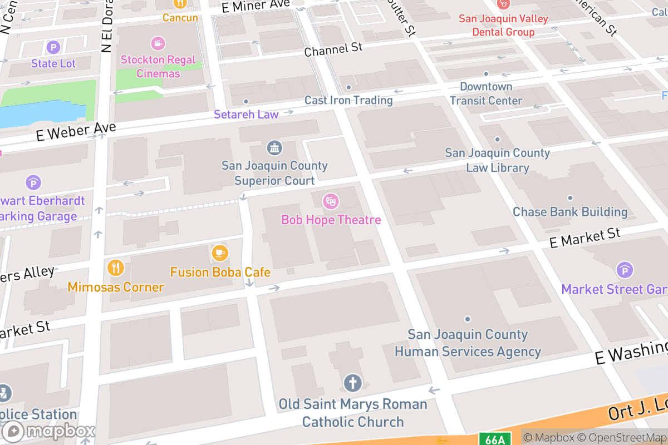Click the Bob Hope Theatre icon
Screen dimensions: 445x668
pos(331,201)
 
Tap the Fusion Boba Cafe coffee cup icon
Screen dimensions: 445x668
pos(220,253)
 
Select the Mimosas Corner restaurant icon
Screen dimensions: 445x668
pos(116,268)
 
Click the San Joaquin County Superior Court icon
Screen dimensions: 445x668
pos(274,148)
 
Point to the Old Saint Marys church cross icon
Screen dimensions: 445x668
pos(352,383)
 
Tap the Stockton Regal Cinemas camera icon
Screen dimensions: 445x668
pos(158,43)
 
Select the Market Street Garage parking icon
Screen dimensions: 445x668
pos(625,271)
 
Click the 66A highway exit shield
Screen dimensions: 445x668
pos(494,439)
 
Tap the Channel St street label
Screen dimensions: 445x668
pos(333,50)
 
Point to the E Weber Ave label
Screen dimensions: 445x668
pos(76,131)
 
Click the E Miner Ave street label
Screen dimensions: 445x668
pos(256,6)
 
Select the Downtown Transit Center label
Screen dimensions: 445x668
pos(486,93)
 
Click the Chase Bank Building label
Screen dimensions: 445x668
pos(570,212)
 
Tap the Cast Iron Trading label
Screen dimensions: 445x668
pos(348,100)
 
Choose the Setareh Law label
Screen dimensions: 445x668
pos(246,114)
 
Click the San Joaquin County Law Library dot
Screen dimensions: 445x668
pos(497,140)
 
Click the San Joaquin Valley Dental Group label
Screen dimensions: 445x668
pos(503,25)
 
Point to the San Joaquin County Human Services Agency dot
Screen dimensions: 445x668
pos(468,319)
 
